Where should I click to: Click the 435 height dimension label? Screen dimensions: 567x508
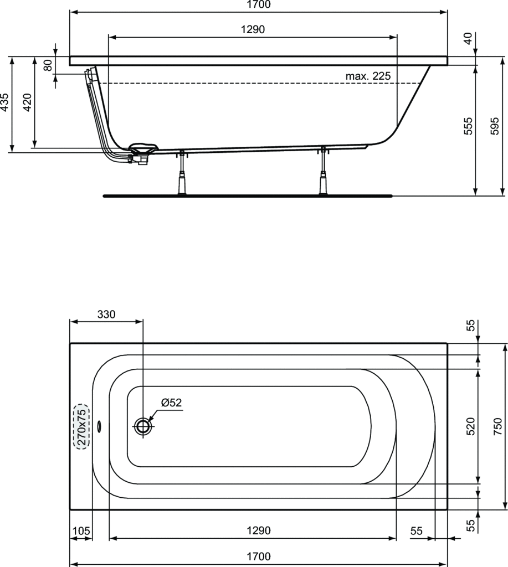(x=5, y=103)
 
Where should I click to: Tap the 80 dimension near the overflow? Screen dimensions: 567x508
(x=48, y=65)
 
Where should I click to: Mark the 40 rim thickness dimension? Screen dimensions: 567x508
(x=468, y=39)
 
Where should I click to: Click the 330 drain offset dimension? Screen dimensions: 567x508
(x=106, y=315)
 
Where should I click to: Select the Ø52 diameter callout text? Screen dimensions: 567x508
(x=172, y=403)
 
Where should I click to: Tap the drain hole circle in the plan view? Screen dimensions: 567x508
(x=143, y=426)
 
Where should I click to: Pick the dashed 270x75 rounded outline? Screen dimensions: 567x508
(x=81, y=426)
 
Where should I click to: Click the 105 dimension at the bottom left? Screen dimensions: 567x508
(x=81, y=530)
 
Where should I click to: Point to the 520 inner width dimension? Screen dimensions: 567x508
(x=469, y=426)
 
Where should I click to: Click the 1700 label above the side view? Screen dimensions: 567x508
(x=258, y=5)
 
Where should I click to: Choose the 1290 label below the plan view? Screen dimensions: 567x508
(x=258, y=530)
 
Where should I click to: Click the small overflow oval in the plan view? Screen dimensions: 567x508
(x=99, y=426)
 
